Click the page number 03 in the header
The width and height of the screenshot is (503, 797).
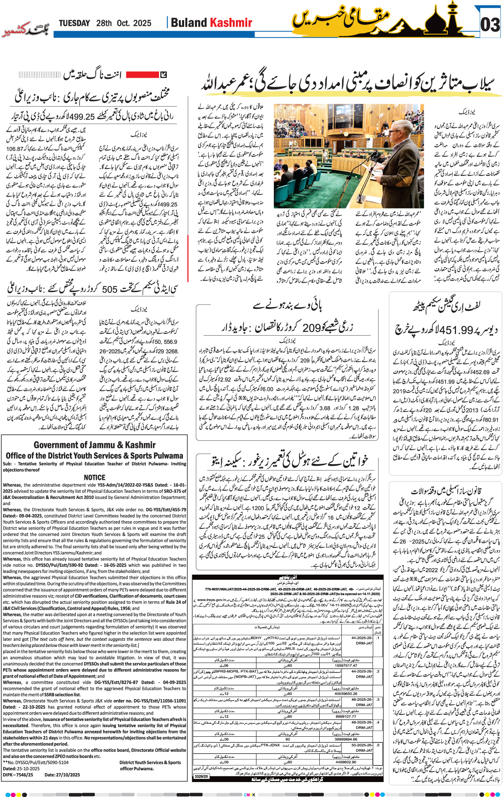pyautogui.click(x=490, y=25)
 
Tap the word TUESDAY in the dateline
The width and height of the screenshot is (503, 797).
pyautogui.click(x=74, y=23)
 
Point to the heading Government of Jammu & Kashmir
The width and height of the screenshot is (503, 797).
pyautogui.click(x=94, y=445)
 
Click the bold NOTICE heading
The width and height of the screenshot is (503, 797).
pyautogui.click(x=94, y=478)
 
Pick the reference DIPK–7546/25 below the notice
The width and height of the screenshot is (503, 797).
pyautogui.click(x=18, y=775)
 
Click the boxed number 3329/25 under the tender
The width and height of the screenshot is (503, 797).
pyautogui.click(x=201, y=776)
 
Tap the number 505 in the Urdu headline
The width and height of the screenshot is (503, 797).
pyautogui.click(x=109, y=290)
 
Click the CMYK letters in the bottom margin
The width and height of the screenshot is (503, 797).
pyautogui.click(x=250, y=795)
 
